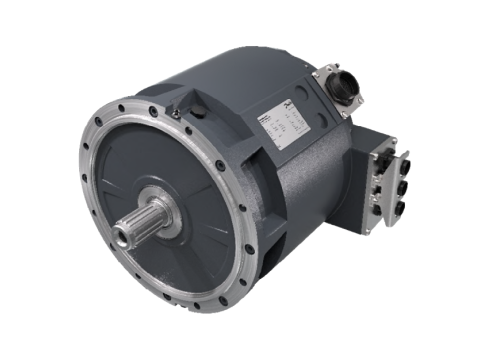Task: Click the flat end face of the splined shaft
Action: coord(123,236)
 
